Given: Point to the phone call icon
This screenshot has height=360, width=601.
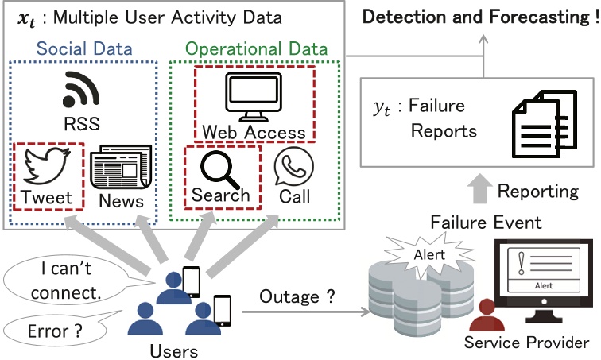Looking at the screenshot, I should click(293, 167).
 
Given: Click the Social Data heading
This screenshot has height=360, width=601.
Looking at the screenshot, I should click(81, 49).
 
